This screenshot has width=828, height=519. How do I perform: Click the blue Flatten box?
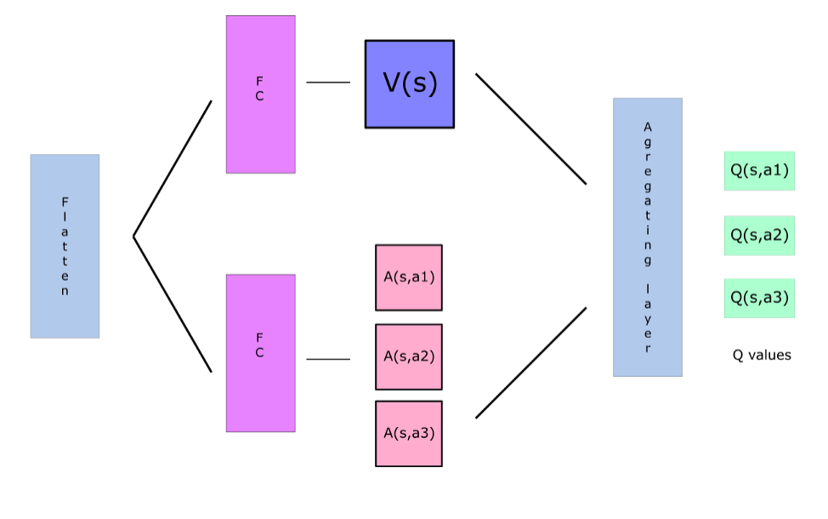click(x=65, y=246)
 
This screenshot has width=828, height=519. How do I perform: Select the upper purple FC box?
click(x=260, y=94)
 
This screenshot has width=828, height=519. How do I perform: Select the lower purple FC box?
click(x=260, y=352)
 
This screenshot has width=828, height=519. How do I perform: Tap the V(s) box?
click(x=410, y=84)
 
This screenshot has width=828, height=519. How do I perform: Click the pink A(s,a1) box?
click(x=409, y=277)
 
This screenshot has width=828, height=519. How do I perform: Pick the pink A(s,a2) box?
click(x=409, y=356)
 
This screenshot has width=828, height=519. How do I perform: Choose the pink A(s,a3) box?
click(x=409, y=433)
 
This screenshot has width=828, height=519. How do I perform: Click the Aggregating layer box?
click(x=648, y=237)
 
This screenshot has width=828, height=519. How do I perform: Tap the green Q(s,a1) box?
click(x=759, y=170)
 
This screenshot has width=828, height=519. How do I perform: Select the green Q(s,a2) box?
click(x=759, y=236)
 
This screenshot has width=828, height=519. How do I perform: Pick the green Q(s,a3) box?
click(x=759, y=298)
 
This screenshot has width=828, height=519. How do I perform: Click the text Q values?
click(x=762, y=355)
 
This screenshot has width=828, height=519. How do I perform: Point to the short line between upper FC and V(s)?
click(x=328, y=83)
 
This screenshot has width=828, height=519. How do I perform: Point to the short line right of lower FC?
click(x=328, y=359)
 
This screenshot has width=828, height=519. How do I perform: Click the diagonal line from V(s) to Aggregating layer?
click(x=531, y=128)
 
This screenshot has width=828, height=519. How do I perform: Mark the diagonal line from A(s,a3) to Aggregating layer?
click(x=531, y=362)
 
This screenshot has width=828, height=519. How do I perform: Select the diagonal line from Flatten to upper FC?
click(x=173, y=168)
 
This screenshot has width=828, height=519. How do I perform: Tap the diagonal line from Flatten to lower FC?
click(x=173, y=305)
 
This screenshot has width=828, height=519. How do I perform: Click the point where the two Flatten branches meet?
click(x=134, y=236)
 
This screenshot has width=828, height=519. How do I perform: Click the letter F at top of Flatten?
click(x=65, y=202)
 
